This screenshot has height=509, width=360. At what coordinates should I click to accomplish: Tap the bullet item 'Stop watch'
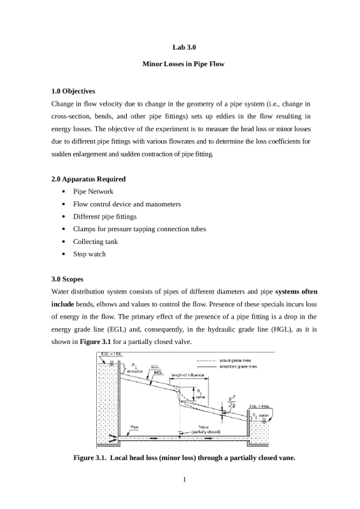click(x=89, y=254)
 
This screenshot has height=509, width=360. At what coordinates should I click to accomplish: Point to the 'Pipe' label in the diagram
click(x=135, y=426)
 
